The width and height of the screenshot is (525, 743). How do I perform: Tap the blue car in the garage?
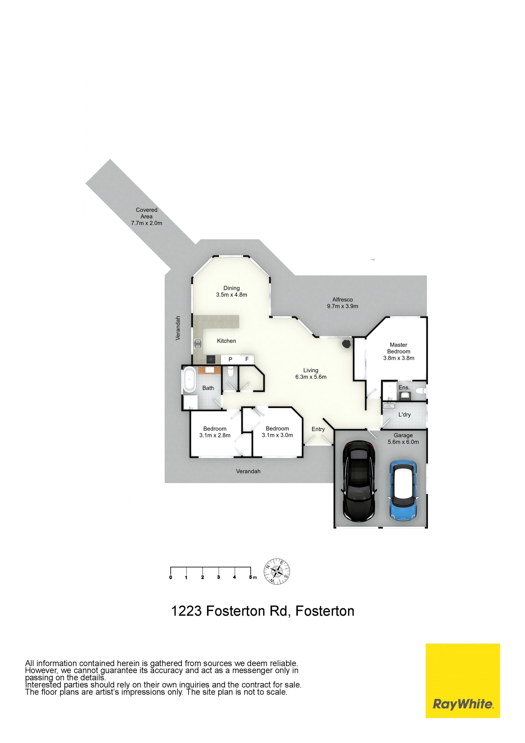[404, 490]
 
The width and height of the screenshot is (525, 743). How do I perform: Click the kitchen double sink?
[197, 344]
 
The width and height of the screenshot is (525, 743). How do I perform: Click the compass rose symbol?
[277, 580]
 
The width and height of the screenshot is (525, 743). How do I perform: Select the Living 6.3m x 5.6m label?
[311, 373]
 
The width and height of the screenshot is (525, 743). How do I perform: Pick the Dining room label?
[232, 291]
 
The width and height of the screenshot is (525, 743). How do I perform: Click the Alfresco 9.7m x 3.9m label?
[343, 303]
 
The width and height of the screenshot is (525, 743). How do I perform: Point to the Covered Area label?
[147, 216]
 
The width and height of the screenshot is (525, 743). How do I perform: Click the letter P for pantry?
[230, 359]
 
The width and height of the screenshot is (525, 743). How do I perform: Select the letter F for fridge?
[247, 359]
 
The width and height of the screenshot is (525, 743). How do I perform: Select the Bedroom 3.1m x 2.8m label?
[215, 432]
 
